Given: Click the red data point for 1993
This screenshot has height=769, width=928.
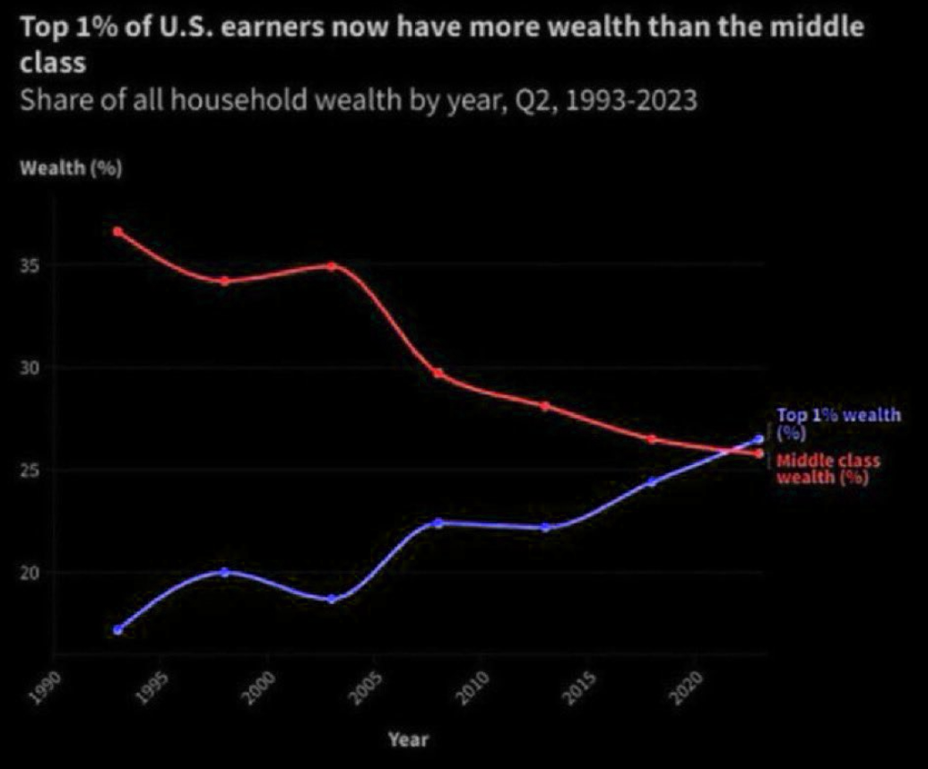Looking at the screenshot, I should coord(117,231).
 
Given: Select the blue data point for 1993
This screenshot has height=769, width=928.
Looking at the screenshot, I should coord(117,630).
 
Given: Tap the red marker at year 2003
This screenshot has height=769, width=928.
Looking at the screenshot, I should coord(332,266).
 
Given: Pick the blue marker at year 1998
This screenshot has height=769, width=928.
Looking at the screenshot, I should coord(225,572).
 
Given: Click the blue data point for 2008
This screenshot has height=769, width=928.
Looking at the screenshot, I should coord(438,523).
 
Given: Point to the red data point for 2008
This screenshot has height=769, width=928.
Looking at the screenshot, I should coord(438,373).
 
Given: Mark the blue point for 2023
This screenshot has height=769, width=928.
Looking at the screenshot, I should coord(759,439).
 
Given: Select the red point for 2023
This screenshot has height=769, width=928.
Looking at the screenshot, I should coord(759,454).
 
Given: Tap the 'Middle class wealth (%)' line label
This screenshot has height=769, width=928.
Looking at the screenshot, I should coord(827,469).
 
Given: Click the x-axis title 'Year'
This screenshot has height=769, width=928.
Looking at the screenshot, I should coord(408,739).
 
